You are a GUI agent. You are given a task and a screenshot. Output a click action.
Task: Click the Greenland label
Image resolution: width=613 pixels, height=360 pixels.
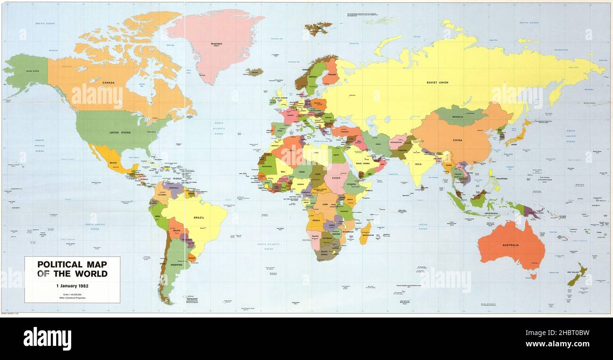(216, 44)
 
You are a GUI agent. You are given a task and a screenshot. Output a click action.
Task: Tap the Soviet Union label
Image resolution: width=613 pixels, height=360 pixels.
(437, 83)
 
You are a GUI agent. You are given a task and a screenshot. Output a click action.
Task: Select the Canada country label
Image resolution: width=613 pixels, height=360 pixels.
(109, 83)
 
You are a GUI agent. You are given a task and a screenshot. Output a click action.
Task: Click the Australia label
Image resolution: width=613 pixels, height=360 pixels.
(510, 245)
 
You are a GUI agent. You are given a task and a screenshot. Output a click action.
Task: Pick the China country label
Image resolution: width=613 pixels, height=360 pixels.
(457, 140)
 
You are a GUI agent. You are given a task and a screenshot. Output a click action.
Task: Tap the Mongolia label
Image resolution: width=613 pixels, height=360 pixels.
(458, 116)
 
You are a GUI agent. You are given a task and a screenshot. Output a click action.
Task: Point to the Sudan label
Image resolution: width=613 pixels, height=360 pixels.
(336, 178)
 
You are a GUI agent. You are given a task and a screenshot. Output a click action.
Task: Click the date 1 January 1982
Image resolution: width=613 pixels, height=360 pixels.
(72, 286)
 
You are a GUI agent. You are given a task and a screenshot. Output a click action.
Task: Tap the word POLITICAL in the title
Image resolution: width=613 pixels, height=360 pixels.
(59, 265)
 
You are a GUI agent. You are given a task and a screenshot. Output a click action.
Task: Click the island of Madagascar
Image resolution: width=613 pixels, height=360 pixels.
(365, 233)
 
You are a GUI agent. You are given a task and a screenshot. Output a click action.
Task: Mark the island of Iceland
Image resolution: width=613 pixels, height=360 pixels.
(254, 72)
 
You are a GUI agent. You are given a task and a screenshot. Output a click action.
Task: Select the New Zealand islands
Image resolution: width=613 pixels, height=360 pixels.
(577, 276)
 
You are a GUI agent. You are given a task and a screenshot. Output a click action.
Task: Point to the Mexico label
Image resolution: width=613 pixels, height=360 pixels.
(113, 163)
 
